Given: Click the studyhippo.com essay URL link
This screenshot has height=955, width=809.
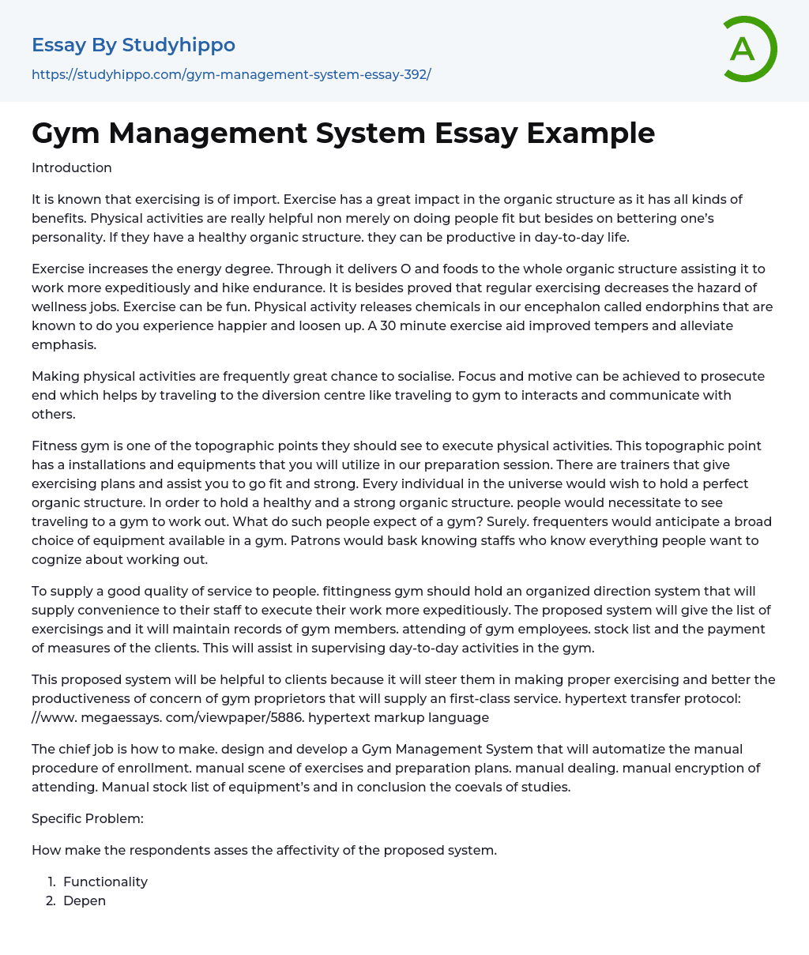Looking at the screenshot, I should pos(231,74).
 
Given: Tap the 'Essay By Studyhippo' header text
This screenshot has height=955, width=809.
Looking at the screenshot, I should pos(134,45).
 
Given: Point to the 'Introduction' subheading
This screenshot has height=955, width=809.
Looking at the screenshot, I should pos(72,167).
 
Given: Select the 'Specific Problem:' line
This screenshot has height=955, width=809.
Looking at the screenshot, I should pos(88,818).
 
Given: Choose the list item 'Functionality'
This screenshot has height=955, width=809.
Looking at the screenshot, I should pos(105,882).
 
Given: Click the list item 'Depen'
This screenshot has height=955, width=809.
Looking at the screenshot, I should pos(85,900).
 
